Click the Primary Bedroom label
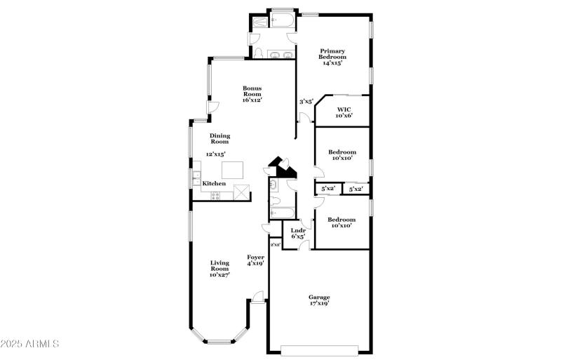[332, 57]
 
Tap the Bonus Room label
[252, 94]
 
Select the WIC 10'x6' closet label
[344, 112]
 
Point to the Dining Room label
[220, 139]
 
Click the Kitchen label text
[215, 184]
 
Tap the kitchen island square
[233, 170]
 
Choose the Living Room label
[220, 269]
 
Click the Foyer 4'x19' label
[255, 261]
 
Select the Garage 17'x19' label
[319, 300]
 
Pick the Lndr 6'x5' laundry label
[298, 233]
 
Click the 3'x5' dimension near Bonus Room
[306, 102]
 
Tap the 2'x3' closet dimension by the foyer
[276, 244]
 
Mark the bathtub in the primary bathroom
[283, 20]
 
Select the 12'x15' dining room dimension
[216, 154]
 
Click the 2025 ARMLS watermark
[29, 344]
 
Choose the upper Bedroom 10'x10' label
[343, 155]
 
